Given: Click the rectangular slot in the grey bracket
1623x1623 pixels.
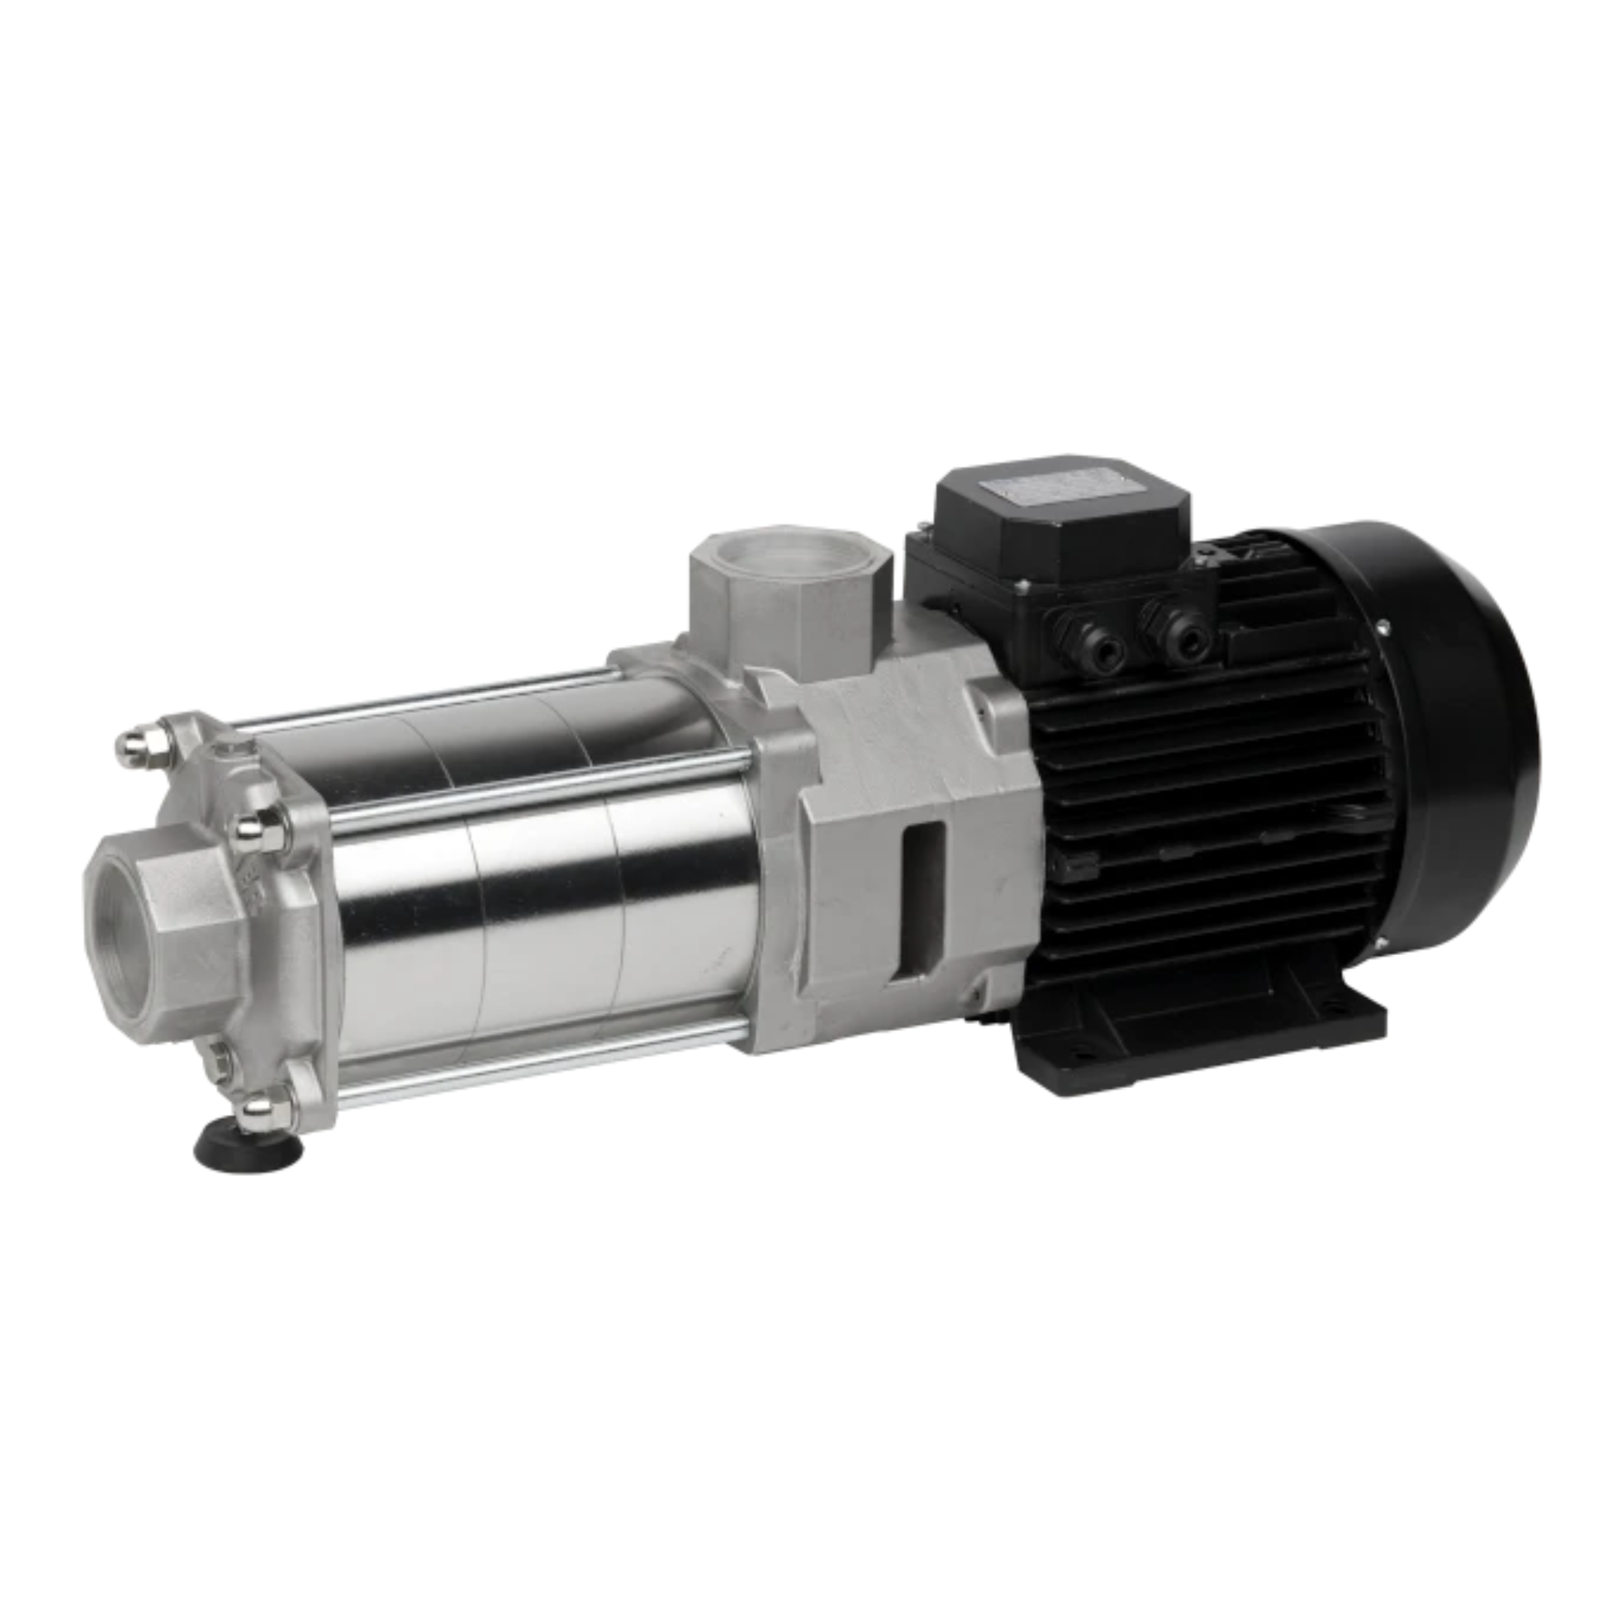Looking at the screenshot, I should coord(923,899).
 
